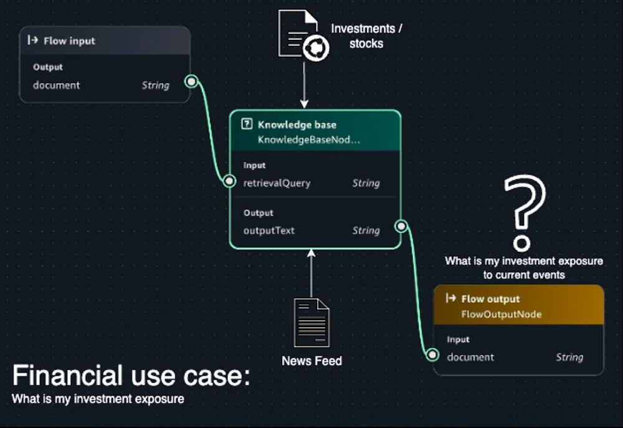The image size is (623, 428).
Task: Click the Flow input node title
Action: tap(69, 41)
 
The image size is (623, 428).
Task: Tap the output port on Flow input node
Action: tap(191, 82)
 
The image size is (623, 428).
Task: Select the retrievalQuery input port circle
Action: tap(229, 181)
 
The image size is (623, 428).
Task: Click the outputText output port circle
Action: tap(401, 226)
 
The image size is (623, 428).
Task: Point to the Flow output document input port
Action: tap(432, 354)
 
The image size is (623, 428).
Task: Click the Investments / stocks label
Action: tap(366, 36)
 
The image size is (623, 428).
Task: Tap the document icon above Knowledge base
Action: tap(303, 36)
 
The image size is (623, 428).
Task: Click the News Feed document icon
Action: tap(311, 323)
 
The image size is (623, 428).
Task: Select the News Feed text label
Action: tap(312, 361)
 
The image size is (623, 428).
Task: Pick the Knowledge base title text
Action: tap(297, 125)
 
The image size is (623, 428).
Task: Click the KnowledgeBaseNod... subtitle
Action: tap(309, 140)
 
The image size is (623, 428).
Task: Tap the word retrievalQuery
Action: tap(277, 183)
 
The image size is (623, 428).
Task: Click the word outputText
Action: tap(269, 231)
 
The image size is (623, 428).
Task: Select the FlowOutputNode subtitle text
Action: tap(502, 315)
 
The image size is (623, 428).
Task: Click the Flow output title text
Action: tap(490, 299)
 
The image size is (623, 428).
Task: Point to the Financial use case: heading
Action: tap(131, 375)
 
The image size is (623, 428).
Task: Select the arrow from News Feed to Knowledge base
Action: tap(311, 274)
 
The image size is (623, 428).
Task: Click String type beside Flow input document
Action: tap(156, 85)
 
